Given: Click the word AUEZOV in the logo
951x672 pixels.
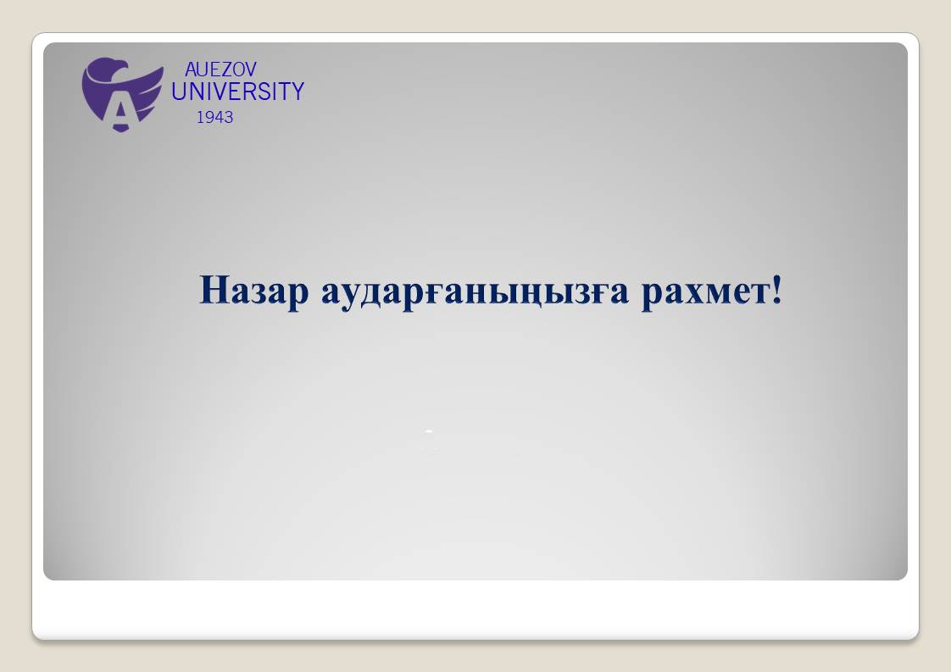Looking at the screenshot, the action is click(220, 69).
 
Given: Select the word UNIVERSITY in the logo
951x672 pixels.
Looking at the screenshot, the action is click(237, 92).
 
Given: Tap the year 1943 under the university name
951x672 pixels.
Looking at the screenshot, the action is click(214, 117).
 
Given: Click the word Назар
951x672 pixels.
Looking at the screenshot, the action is click(254, 291).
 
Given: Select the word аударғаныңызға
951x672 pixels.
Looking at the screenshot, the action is click(475, 292).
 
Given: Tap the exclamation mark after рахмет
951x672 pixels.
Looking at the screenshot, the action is click(776, 289).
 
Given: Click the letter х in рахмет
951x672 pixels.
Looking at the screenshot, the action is click(690, 292).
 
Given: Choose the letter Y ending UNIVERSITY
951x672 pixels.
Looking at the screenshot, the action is click(297, 92).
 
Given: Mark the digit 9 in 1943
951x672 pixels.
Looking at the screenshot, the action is click(207, 117).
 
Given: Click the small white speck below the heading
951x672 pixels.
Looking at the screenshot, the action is click(429, 431).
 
